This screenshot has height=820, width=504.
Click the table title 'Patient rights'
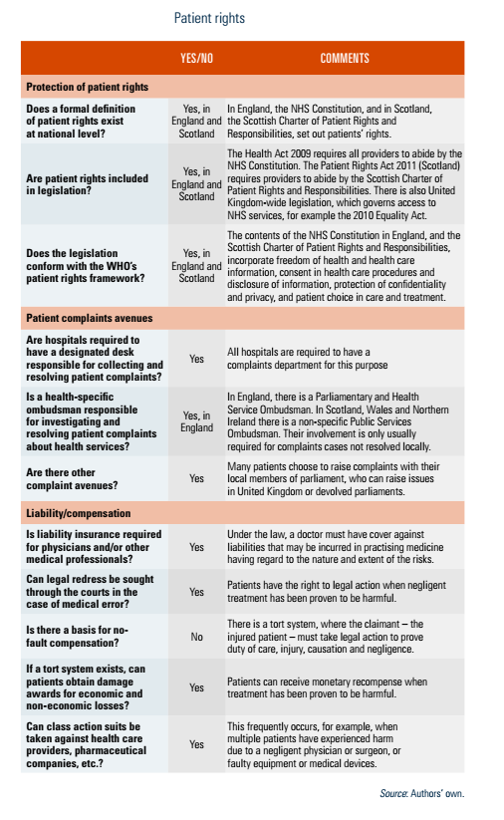pyautogui.click(x=209, y=18)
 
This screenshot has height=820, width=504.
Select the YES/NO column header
pyautogui.click(x=196, y=59)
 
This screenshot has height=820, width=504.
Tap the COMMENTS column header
pyautogui.click(x=345, y=59)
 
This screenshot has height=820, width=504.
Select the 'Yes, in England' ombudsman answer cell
pyautogui.click(x=196, y=421)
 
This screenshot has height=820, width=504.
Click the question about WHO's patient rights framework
pyautogui.click(x=88, y=266)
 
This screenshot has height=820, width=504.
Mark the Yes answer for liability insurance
pyautogui.click(x=196, y=546)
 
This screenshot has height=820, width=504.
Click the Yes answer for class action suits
pyautogui.click(x=196, y=743)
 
